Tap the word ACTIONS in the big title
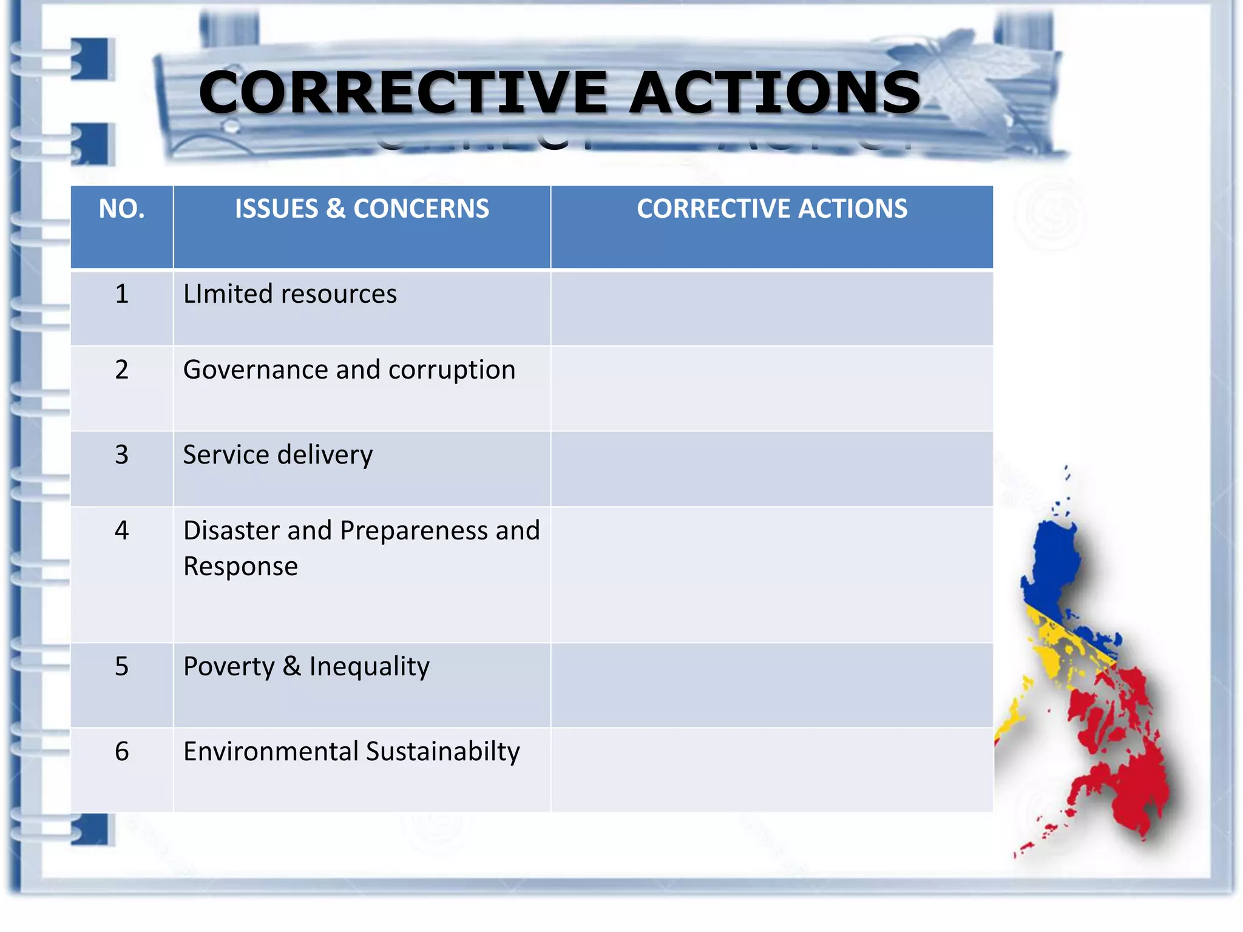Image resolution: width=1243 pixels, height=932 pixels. point(775,92)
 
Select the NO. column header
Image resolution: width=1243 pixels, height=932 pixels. point(121,209)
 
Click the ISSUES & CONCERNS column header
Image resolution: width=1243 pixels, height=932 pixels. point(362,209)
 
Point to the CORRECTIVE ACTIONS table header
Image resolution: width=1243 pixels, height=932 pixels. point(771,209)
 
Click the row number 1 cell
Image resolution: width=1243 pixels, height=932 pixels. point(121,294)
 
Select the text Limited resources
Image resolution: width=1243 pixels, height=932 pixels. point(290,294)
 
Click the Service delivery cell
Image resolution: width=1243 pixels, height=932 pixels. point(278,455)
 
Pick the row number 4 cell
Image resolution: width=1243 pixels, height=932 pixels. point(121,531)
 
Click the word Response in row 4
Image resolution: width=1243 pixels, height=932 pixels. point(240,567)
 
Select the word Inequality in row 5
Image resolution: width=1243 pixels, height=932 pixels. point(369,667)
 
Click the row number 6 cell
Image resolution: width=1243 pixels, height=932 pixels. point(121,752)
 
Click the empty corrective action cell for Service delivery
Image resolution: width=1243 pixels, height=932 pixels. point(771,469)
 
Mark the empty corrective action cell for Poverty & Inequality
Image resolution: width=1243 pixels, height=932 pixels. point(771,685)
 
